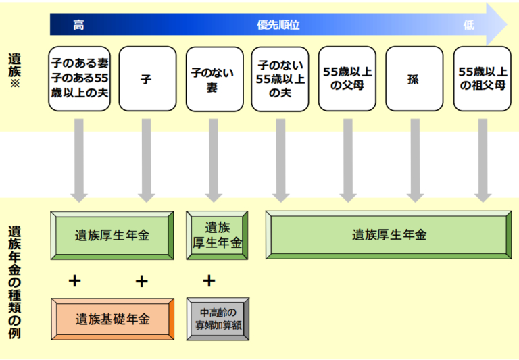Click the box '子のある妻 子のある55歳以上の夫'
(x=79, y=79)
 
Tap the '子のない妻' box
(x=213, y=79)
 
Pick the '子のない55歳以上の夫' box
(x=280, y=79)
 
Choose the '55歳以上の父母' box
(x=347, y=79)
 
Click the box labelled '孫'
(x=414, y=79)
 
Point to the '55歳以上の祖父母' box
(x=482, y=79)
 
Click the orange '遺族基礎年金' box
(x=112, y=319)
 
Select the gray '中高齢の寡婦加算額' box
(x=218, y=319)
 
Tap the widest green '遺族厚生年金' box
(x=389, y=235)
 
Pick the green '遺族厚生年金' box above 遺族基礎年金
(x=112, y=235)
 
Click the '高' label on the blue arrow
(x=78, y=25)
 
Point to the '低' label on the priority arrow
(x=468, y=25)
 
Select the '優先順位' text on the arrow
(x=278, y=25)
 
